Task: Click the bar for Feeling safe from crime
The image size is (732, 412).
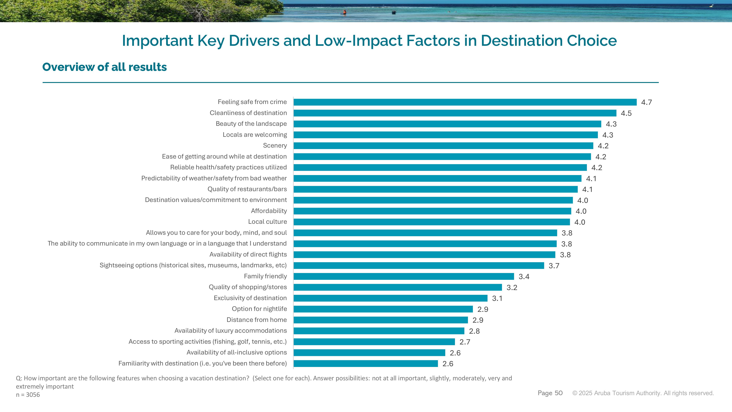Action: [x=465, y=102]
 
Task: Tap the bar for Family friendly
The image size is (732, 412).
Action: [x=404, y=276]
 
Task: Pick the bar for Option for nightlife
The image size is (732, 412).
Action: [x=383, y=309]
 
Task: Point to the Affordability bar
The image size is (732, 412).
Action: [x=432, y=211]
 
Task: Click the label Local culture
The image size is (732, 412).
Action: [x=267, y=222]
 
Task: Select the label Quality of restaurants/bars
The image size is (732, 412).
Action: [x=247, y=189]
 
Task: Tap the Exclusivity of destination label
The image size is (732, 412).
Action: [x=250, y=298]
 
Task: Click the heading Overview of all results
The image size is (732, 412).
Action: [x=104, y=67]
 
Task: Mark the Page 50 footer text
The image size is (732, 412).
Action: [x=550, y=393]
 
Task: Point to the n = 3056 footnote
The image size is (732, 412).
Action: [x=28, y=395]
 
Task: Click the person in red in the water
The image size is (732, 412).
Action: [x=344, y=12]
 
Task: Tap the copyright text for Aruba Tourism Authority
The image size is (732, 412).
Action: [x=643, y=393]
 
